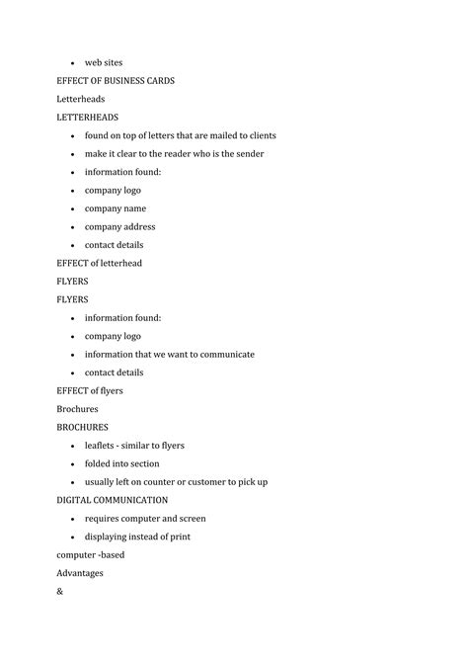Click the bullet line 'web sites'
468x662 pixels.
tap(104, 62)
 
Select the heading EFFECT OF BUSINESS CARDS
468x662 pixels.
tap(116, 80)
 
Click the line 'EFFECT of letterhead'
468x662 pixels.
tap(99, 263)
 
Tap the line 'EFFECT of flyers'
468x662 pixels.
tap(90, 390)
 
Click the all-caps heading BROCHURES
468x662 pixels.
tap(82, 427)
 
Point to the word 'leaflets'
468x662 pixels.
tap(103, 445)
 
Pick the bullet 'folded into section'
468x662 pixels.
tap(121, 463)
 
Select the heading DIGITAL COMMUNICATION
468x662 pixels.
tap(112, 500)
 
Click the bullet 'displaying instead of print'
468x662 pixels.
tap(137, 537)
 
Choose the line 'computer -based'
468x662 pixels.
tap(90, 554)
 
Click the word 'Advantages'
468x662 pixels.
tap(80, 573)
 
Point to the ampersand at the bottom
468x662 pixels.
tap(60, 591)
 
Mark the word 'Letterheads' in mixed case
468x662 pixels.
tap(81, 99)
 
